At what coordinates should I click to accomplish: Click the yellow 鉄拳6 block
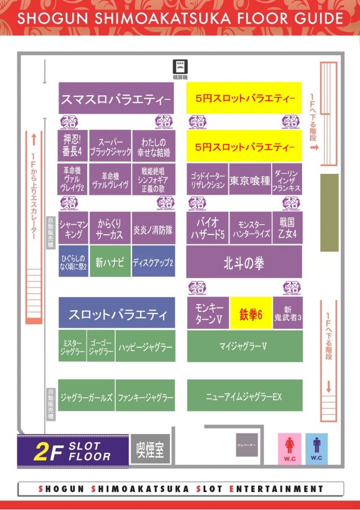[x=251, y=313]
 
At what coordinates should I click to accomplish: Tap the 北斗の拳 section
[x=244, y=262]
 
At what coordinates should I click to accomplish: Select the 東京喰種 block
[x=250, y=181]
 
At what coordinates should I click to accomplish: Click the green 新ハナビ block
[x=110, y=262]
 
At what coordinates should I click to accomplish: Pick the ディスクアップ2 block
[x=153, y=262]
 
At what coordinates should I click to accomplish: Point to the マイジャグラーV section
[x=244, y=346]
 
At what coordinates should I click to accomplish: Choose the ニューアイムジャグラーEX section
[x=244, y=396]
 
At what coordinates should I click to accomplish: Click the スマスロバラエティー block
[x=116, y=100]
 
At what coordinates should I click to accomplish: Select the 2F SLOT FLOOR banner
[x=73, y=451]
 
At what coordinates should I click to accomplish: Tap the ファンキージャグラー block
[x=146, y=397]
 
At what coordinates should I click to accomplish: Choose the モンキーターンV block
[x=208, y=313]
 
